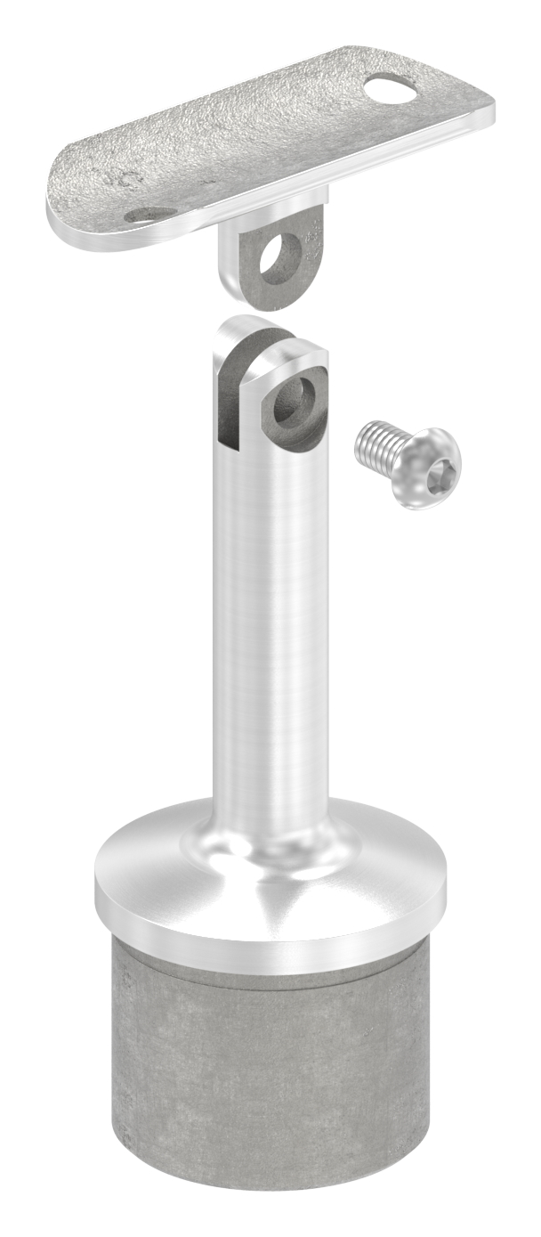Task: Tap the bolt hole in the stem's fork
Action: pyautogui.click(x=295, y=401)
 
